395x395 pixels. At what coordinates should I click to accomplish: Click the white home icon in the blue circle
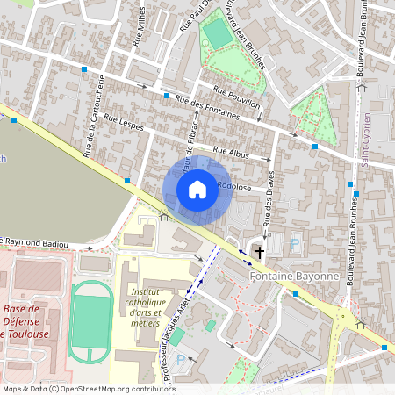click(197, 190)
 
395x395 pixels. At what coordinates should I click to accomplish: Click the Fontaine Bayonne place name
click(294, 276)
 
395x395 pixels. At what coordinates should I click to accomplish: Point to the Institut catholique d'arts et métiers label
click(146, 308)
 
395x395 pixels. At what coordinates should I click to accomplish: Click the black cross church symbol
click(259, 253)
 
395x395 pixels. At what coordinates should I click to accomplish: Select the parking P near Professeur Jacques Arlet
click(181, 360)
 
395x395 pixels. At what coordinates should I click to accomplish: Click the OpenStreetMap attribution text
click(88, 389)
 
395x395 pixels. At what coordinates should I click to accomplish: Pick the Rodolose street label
click(235, 186)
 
